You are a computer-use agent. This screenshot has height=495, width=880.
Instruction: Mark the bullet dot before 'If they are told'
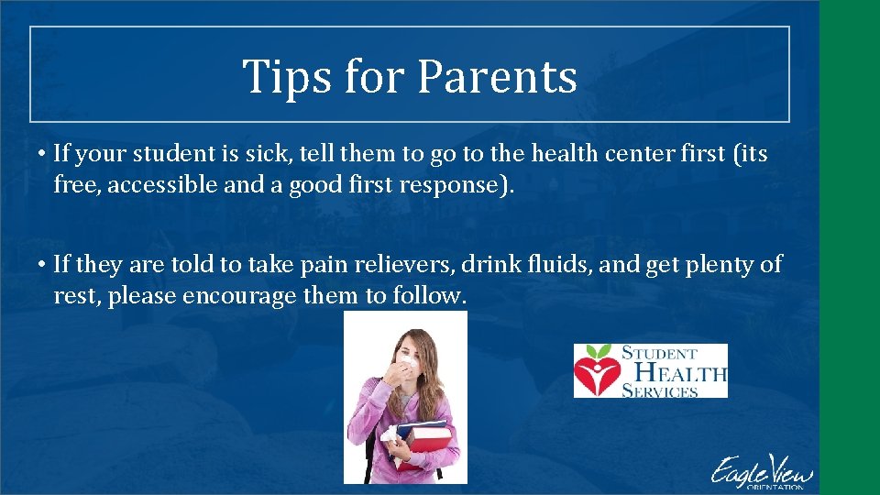click(x=43, y=265)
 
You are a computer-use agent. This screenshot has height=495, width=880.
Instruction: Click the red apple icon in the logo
click(x=597, y=370)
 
